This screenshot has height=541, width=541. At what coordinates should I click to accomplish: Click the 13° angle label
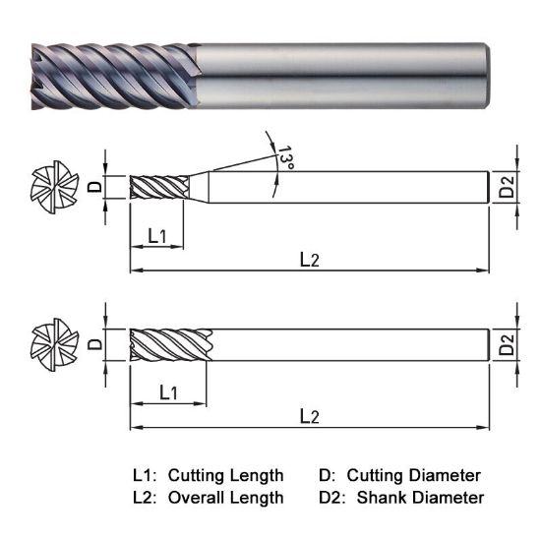pyautogui.click(x=284, y=159)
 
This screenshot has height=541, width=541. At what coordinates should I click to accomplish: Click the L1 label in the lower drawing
pyautogui.click(x=168, y=392)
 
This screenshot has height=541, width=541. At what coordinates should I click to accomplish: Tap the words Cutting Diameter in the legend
pyautogui.click(x=413, y=476)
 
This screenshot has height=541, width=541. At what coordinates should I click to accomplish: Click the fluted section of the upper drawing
pyautogui.click(x=159, y=187)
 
